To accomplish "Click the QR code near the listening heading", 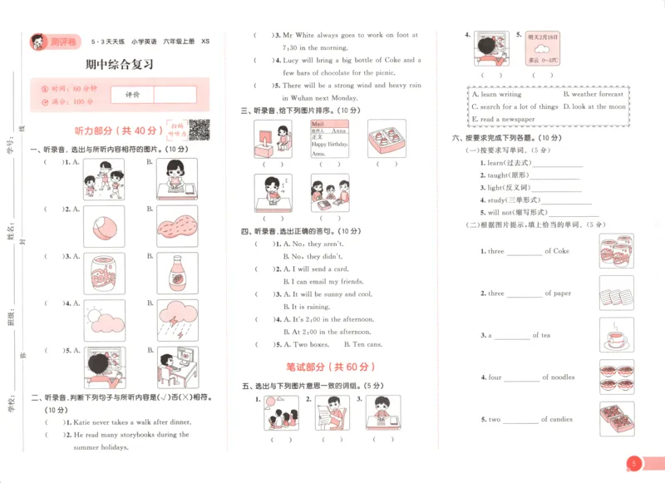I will (x=199, y=130).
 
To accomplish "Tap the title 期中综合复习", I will (x=120, y=65).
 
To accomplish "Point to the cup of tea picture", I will (x=616, y=336).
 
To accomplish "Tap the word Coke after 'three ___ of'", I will (x=561, y=251).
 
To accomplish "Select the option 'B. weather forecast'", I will (x=593, y=95).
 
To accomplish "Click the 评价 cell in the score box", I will (x=132, y=95).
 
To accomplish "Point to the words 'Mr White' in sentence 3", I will (x=297, y=36).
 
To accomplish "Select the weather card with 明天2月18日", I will (x=544, y=49).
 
